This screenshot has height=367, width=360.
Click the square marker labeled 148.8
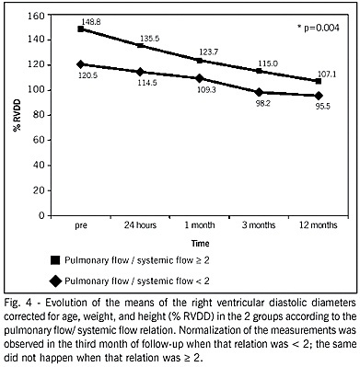pyautogui.click(x=81, y=29)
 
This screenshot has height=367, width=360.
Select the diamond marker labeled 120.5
pyautogui.click(x=81, y=64)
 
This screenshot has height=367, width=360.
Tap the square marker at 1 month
pyautogui.click(x=200, y=61)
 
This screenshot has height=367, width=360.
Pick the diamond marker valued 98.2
pyautogui.click(x=260, y=92)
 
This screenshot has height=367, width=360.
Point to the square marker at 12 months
pyautogui.click(x=319, y=81)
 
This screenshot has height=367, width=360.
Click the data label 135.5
pyautogui.click(x=150, y=39)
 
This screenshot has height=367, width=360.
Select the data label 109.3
pyautogui.click(x=207, y=90)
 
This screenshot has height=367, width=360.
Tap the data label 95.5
pyautogui.click(x=321, y=108)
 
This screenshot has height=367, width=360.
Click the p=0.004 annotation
pyautogui.click(x=319, y=28)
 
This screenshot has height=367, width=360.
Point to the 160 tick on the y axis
pyautogui.click(x=36, y=15)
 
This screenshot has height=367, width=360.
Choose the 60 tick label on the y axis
pyautogui.click(x=39, y=140)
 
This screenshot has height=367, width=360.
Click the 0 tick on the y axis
pyautogui.click(x=41, y=215)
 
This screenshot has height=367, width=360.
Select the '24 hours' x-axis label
pyautogui.click(x=140, y=225)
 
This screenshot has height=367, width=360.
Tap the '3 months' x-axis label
pyautogui.click(x=259, y=225)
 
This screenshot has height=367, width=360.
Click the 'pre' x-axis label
pyautogui.click(x=81, y=226)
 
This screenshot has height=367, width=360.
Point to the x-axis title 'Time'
pyautogui.click(x=201, y=244)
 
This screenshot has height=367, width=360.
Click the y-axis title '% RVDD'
pyautogui.click(x=17, y=115)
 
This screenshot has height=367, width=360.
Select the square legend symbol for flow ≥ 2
pyautogui.click(x=55, y=260)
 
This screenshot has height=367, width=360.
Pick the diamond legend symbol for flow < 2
pyautogui.click(x=55, y=281)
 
